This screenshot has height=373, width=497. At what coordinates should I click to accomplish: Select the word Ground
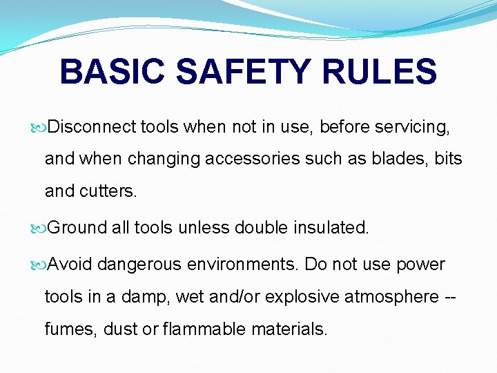click(78, 228)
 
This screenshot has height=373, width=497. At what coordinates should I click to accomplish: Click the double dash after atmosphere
click(451, 297)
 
